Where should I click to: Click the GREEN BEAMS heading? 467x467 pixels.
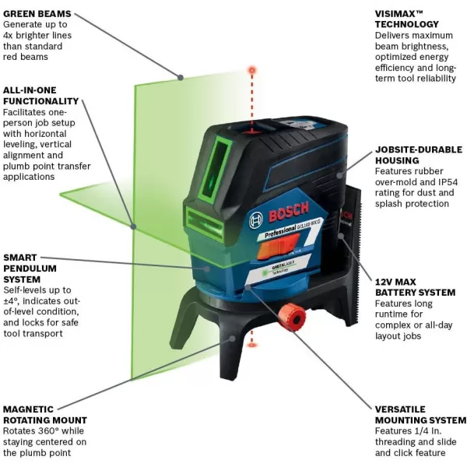(37, 14)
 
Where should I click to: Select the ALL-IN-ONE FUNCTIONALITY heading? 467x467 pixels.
(40, 96)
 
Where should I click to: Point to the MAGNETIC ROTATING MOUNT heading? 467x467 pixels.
(44, 414)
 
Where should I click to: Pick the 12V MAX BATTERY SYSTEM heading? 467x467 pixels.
(415, 286)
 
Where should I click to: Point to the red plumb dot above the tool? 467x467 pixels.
(251, 70)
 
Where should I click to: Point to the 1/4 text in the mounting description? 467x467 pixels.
(419, 441)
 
